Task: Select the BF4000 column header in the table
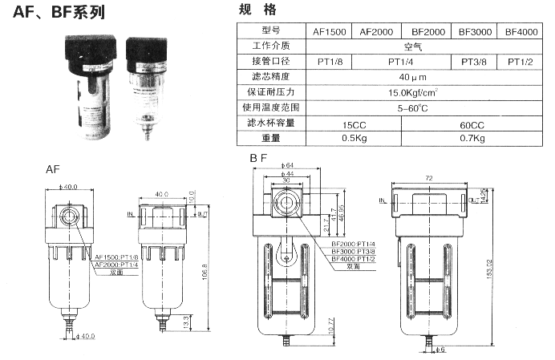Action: (521, 32)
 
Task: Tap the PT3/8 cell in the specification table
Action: (474, 62)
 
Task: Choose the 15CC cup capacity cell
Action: (353, 124)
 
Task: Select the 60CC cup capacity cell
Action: (473, 124)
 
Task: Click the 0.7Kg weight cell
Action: (473, 139)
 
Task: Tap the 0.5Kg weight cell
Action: (353, 139)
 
